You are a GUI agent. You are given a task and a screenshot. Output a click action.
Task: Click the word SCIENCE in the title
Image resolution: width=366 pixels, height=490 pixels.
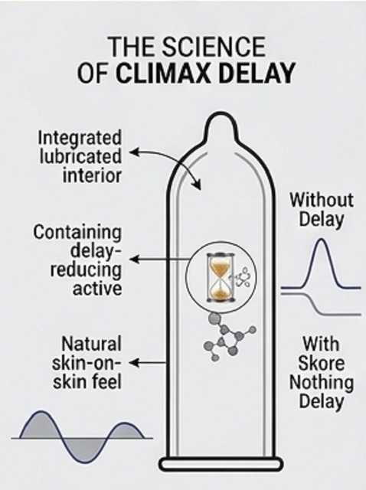(x=214, y=47)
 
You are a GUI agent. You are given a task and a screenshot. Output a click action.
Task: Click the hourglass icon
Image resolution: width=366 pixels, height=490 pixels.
(x=221, y=278)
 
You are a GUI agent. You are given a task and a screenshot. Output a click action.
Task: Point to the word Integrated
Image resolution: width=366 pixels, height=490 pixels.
(x=80, y=138)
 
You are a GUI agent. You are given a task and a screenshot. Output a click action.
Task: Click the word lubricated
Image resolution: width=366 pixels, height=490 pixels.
(x=80, y=156)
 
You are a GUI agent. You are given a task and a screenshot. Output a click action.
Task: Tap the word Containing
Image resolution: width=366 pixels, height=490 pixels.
(x=77, y=233)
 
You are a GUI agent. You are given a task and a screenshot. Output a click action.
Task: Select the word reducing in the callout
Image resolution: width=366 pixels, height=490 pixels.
(x=86, y=270)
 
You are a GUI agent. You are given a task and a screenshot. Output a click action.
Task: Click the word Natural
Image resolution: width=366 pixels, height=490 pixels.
(x=91, y=344)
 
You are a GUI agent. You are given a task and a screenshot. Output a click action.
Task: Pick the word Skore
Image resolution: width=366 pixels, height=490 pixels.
(x=322, y=363)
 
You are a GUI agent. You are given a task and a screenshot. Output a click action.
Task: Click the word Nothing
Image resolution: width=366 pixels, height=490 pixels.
(x=322, y=383)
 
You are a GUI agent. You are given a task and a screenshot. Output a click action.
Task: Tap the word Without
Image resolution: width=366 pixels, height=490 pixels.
(x=322, y=200)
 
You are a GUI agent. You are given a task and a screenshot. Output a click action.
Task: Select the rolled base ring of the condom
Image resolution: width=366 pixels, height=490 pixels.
(x=221, y=464)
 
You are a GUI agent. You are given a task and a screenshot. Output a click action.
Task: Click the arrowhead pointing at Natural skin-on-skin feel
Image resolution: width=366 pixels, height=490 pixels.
(x=133, y=363)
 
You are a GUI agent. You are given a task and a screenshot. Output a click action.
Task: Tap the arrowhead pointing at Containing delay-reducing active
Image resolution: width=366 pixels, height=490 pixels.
(x=134, y=260)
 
